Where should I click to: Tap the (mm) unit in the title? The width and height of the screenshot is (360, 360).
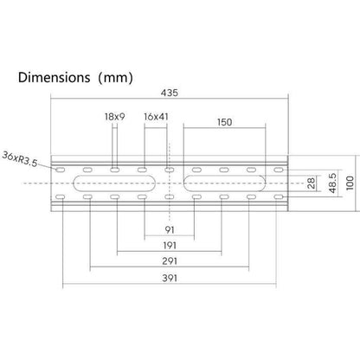point(115,78)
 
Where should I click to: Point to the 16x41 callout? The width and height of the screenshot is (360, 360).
point(157,116)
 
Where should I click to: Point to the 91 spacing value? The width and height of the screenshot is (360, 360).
point(169,230)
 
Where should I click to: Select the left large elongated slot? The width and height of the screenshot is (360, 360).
point(115,183)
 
